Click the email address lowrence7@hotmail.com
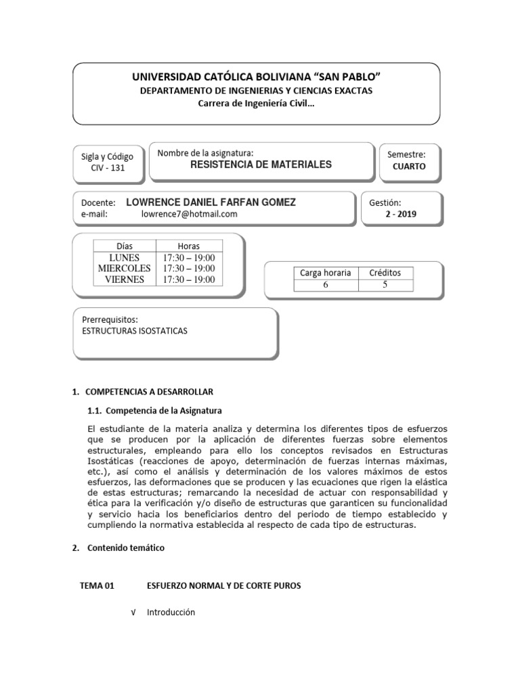pos(189,214)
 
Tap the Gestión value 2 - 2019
pos(401,215)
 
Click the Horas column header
pos(188,246)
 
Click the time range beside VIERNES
pos(188,280)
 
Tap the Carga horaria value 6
pos(325,285)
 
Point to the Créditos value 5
pos(385,285)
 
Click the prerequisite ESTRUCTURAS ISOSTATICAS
pos(134,331)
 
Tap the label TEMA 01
pos(97,586)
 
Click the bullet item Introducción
pos(171,612)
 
